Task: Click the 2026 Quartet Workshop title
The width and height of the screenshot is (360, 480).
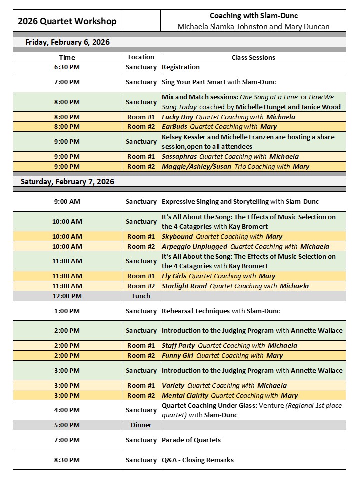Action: click(x=67, y=21)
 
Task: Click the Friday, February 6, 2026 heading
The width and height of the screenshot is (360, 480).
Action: click(x=67, y=42)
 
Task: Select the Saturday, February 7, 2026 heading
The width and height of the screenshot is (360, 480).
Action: click(x=67, y=182)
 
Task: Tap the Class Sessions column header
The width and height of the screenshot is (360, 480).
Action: click(x=253, y=57)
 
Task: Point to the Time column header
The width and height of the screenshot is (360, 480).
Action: click(x=67, y=57)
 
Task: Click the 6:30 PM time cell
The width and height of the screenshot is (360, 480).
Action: click(x=67, y=67)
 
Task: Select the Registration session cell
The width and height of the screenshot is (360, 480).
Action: click(x=181, y=67)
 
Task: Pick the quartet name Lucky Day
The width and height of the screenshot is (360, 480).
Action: click(x=177, y=117)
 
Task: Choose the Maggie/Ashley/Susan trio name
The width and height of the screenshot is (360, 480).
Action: click(x=197, y=166)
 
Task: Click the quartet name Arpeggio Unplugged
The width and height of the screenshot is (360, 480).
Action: click(x=194, y=246)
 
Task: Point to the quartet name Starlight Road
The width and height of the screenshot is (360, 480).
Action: click(x=184, y=286)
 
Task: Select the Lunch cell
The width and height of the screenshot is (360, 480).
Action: click(x=141, y=296)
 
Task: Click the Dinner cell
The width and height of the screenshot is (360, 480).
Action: click(x=141, y=425)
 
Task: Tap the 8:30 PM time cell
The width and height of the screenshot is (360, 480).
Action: click(x=67, y=460)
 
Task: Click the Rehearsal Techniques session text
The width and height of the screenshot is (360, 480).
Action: click(x=196, y=311)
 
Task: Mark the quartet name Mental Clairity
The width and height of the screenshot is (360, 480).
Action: click(x=185, y=395)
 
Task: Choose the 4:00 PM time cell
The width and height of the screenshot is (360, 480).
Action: click(x=67, y=410)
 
